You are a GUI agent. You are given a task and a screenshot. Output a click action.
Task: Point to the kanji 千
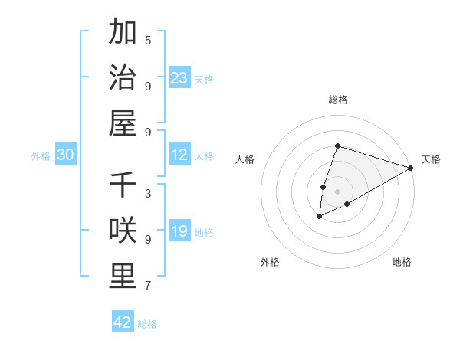pyautogui.click(x=123, y=185)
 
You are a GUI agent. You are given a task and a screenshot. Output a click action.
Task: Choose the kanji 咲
pyautogui.click(x=123, y=231)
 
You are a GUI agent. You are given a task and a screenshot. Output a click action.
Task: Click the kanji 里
pyautogui.click(x=123, y=277)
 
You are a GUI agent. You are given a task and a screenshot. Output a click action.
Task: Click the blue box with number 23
pyautogui.click(x=179, y=77)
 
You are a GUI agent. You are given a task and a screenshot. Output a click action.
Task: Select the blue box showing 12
pyautogui.click(x=179, y=155)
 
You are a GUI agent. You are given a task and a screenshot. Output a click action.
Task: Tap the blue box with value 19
pyautogui.click(x=179, y=232)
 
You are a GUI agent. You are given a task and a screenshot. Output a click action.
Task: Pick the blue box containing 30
pyautogui.click(x=66, y=155)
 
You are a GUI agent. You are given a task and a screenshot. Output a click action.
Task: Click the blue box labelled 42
pyautogui.click(x=123, y=322)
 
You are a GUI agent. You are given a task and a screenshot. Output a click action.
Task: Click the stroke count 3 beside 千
pyautogui.click(x=148, y=193)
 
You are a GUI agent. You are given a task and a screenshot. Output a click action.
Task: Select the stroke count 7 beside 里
pyautogui.click(x=148, y=286)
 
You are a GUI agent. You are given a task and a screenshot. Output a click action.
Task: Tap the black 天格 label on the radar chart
pyautogui.click(x=431, y=159)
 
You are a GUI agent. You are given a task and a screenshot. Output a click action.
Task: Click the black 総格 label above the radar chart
pyautogui.click(x=338, y=100)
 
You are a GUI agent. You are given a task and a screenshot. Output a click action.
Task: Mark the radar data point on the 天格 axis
pyautogui.click(x=411, y=168)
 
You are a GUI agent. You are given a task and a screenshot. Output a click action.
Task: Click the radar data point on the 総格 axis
pyautogui.click(x=337, y=146)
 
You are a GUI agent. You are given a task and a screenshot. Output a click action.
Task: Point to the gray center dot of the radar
pyautogui.click(x=337, y=191)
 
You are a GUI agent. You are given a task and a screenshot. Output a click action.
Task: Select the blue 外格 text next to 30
pyautogui.click(x=41, y=156)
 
